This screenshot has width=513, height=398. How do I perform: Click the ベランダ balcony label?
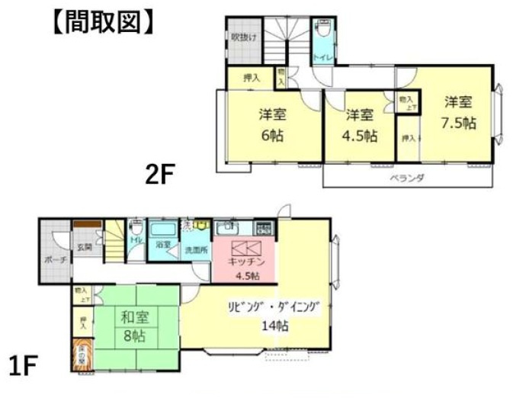click(x=412, y=178)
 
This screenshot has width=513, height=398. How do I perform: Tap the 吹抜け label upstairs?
click(x=244, y=37)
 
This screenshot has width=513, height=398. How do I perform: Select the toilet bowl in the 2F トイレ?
click(x=322, y=29)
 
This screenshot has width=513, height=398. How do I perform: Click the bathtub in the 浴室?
click(x=162, y=230)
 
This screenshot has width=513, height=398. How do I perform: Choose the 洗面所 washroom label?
click(x=194, y=249)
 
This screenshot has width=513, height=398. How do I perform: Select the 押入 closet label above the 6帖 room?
click(x=252, y=77)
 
